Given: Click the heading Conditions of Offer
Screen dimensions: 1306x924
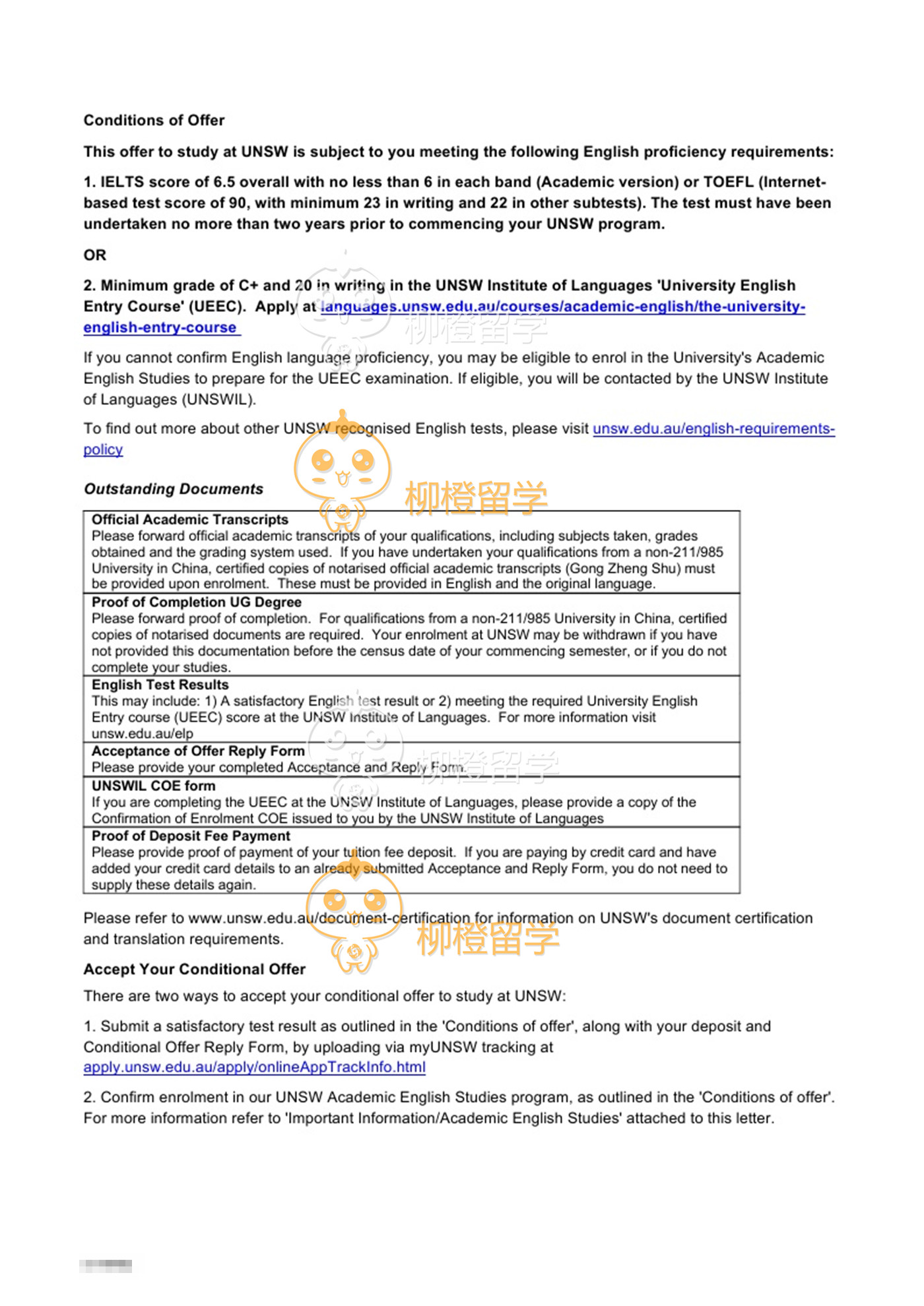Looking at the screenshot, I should [x=154, y=120].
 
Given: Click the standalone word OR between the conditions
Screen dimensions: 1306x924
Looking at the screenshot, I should [x=94, y=255].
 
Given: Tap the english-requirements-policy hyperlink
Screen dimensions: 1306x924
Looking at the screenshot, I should [x=713, y=429].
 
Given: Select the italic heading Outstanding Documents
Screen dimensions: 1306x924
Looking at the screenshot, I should [x=173, y=489].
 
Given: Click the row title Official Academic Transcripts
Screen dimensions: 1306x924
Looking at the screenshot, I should [x=190, y=520].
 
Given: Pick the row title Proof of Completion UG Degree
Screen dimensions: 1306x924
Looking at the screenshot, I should [x=196, y=602].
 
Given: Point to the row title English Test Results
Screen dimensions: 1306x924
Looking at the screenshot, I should [x=160, y=685].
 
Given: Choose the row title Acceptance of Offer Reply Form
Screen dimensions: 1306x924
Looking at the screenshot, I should [x=198, y=751].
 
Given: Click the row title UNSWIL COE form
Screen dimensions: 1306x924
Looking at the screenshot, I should [x=153, y=786].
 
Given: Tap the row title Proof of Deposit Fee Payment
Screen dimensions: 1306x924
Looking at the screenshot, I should [x=191, y=836].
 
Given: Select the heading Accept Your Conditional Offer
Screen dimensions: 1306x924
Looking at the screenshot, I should [x=194, y=969].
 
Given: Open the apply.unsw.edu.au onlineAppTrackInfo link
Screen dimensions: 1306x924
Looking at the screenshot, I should [x=254, y=1067].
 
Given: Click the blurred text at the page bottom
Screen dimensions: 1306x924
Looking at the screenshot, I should [x=106, y=1266].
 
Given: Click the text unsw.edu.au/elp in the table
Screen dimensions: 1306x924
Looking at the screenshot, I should [x=142, y=733].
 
